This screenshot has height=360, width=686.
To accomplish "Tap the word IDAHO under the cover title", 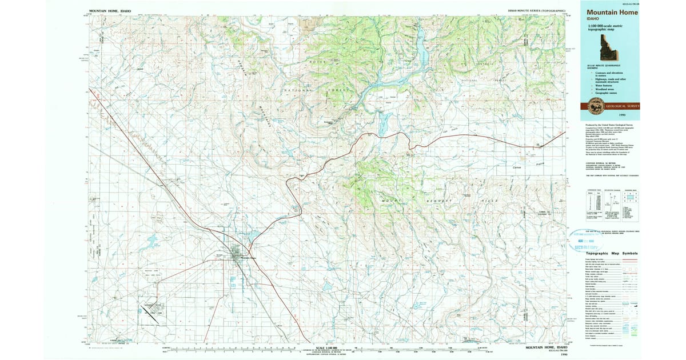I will [x=592, y=18].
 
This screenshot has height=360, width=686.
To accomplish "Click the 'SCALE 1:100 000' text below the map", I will [x=328, y=347].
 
